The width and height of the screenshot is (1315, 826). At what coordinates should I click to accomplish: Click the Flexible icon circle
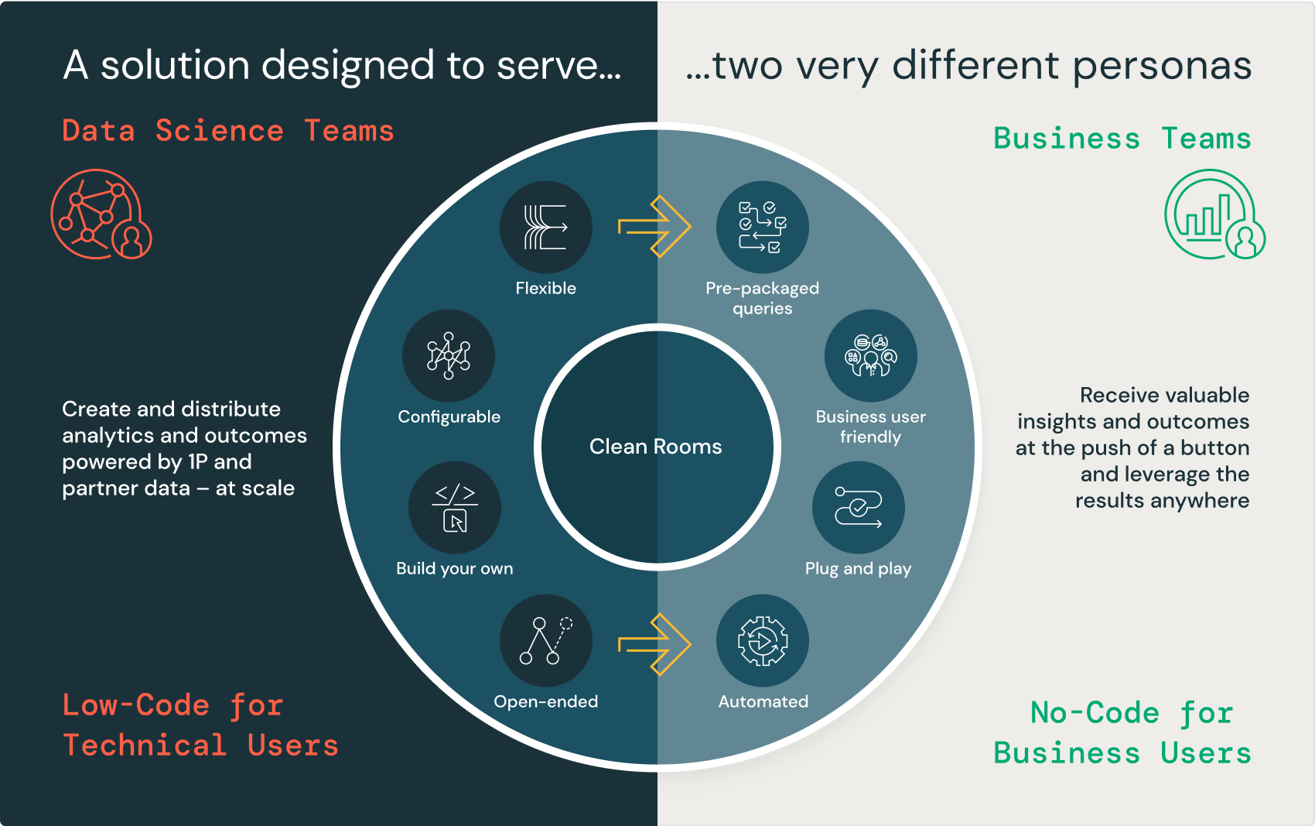pos(545,227)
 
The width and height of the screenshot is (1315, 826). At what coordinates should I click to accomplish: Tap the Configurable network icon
pos(449,355)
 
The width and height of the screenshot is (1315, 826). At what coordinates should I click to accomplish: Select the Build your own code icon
pos(455,507)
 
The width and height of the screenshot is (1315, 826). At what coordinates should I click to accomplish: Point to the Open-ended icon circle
pos(545,640)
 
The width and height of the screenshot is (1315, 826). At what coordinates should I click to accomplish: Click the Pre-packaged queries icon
pos(762,227)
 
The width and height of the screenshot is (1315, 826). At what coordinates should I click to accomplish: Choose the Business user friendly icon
pos(870,355)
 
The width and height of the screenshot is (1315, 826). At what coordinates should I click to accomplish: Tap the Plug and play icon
pos(858,507)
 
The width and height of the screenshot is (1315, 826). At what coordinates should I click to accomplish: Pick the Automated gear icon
pos(762,640)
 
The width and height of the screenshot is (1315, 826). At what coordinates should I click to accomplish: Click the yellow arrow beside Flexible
pos(654,227)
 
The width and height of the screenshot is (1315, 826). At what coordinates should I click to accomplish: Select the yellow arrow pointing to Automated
pos(654,644)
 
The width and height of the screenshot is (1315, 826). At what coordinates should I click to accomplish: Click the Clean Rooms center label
pos(655,447)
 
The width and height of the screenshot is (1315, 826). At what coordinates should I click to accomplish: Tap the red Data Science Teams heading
pos(228,131)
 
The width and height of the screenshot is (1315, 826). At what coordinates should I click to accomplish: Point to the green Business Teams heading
pos(1122,139)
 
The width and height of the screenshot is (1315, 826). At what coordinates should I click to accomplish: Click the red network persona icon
pos(101,214)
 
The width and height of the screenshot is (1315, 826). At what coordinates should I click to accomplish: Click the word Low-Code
pos(136,705)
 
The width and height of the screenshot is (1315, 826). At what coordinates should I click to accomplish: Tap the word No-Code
pos(1095,713)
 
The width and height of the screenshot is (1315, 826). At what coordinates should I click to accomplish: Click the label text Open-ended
pos(545,701)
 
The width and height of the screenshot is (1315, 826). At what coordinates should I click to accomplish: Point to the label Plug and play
pos(858,569)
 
